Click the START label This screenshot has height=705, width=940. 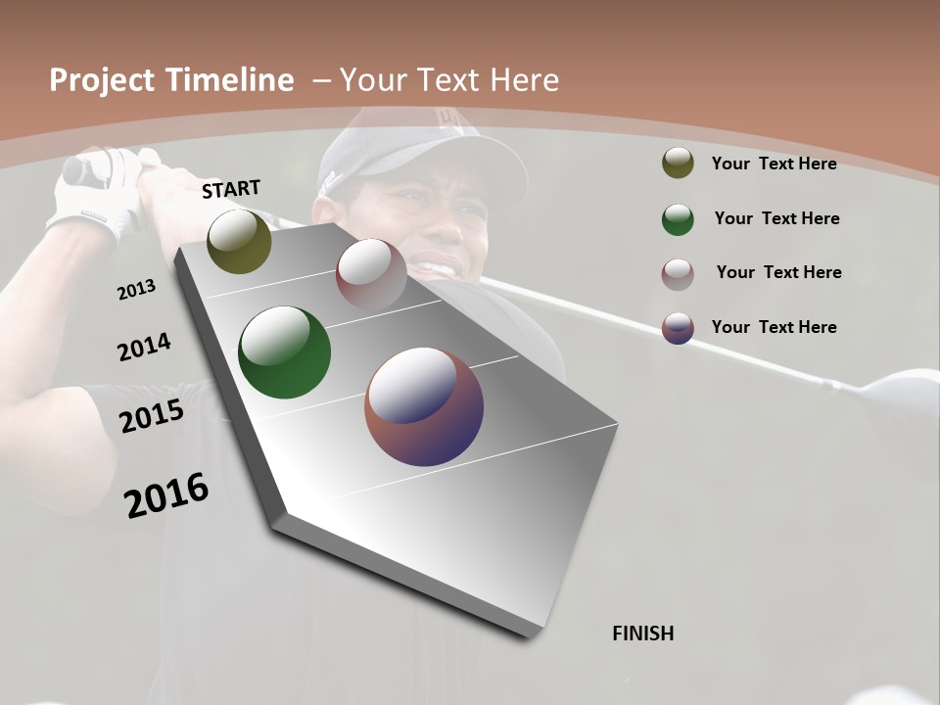[x=231, y=189]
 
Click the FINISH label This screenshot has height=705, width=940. [x=642, y=634]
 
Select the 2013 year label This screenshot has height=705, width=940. [x=137, y=290]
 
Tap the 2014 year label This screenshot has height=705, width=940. [x=144, y=347]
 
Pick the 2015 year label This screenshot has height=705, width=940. [x=152, y=416]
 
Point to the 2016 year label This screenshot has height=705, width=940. [x=166, y=495]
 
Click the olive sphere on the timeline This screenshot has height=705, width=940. [x=239, y=241]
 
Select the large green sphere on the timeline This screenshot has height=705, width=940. [x=284, y=352]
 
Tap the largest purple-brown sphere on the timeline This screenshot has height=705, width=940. [x=424, y=406]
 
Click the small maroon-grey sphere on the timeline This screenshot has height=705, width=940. [x=371, y=273]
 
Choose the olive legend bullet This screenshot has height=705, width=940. [x=678, y=164]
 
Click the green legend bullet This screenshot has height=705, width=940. [x=678, y=219]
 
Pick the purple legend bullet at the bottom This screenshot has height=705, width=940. [x=678, y=328]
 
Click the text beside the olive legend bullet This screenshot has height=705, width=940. [x=774, y=164]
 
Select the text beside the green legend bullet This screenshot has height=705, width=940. [x=776, y=218]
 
